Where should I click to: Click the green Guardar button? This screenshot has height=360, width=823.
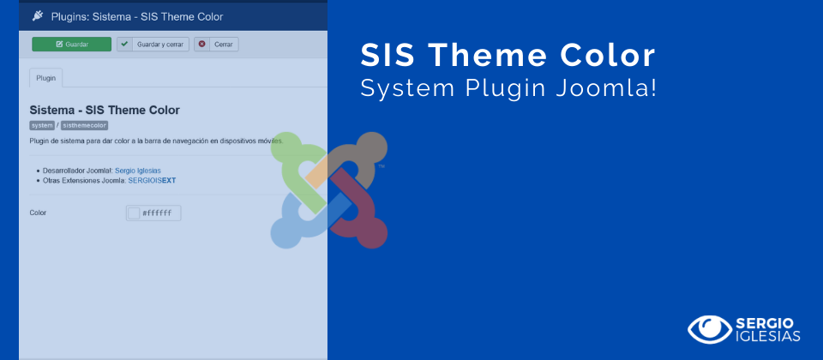pos(71,44)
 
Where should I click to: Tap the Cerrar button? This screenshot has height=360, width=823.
pos(216,44)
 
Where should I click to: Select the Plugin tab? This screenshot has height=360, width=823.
pos(45,77)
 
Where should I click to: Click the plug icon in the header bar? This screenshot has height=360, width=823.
pos(38,15)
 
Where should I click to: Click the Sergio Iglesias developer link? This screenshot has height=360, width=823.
pos(137,171)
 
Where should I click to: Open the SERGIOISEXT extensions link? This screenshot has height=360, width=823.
pos(152,180)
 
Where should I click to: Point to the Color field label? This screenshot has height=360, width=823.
pos(38,213)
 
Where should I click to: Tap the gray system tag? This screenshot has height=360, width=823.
pos(42,125)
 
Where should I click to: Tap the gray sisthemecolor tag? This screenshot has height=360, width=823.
pos(84,125)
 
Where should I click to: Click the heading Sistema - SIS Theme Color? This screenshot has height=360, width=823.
pos(105,110)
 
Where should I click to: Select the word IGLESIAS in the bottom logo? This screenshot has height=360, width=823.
pos(767,336)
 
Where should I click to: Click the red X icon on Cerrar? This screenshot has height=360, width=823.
pos(202,44)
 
